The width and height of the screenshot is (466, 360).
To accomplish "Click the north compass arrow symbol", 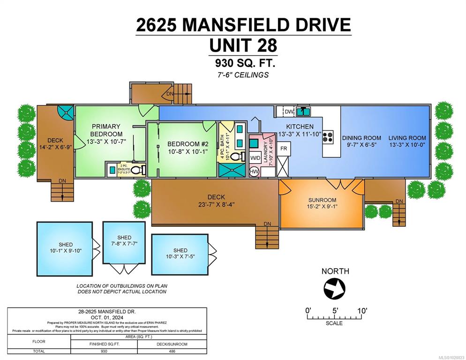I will [335, 288].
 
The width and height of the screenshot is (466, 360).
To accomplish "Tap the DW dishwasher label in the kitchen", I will [289, 112].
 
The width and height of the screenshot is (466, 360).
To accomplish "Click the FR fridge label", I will [283, 148].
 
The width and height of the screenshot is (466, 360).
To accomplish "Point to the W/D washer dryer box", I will [255, 158].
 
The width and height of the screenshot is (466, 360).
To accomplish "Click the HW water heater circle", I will [254, 172].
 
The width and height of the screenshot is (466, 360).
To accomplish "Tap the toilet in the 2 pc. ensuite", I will [136, 170].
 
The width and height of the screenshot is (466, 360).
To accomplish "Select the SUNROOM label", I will [321, 199].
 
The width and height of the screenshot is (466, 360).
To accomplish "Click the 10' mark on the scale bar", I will [361, 311].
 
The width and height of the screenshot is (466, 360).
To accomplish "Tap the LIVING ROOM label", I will [407, 138].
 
